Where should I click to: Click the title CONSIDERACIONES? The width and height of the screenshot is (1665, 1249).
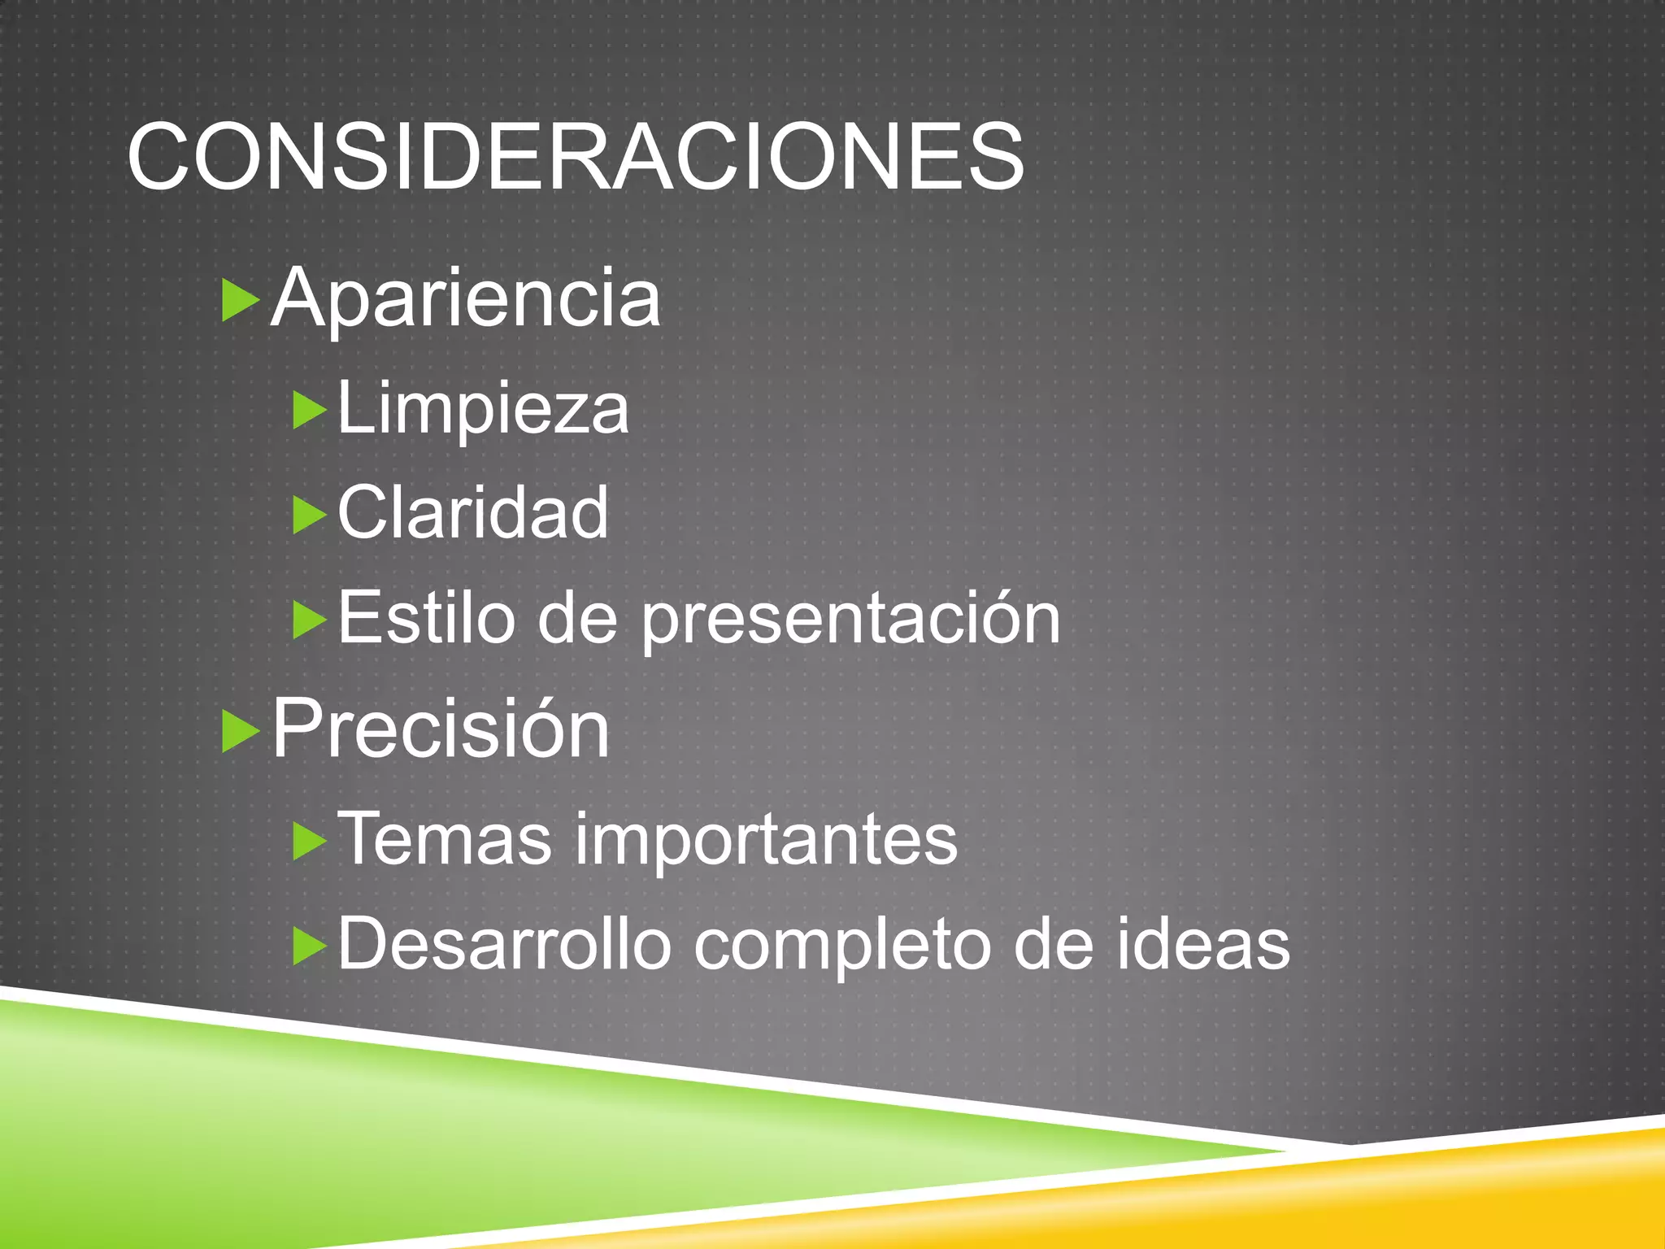pyautogui.click(x=575, y=156)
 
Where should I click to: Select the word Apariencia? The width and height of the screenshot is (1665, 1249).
pyautogui.click(x=465, y=298)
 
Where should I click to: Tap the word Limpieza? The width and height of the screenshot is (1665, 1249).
pyautogui.click(x=483, y=409)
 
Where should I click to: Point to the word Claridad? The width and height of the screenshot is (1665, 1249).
pyautogui.click(x=472, y=512)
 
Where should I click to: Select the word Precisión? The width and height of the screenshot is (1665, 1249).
pyautogui.click(x=440, y=729)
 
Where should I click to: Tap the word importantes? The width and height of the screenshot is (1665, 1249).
pyautogui.click(x=767, y=841)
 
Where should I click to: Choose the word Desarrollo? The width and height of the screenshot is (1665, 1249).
pyautogui.click(x=504, y=944)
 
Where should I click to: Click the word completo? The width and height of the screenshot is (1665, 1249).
pyautogui.click(x=842, y=947)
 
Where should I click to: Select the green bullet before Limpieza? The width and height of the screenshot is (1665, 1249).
pyautogui.click(x=309, y=411)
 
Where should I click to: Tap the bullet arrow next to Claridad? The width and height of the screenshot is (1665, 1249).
pyautogui.click(x=309, y=516)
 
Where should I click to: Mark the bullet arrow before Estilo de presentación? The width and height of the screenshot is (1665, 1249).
pyautogui.click(x=309, y=620)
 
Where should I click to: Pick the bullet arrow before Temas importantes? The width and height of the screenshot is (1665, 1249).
pyautogui.click(x=309, y=841)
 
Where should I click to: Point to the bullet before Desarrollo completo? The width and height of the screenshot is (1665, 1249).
pyautogui.click(x=309, y=947)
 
